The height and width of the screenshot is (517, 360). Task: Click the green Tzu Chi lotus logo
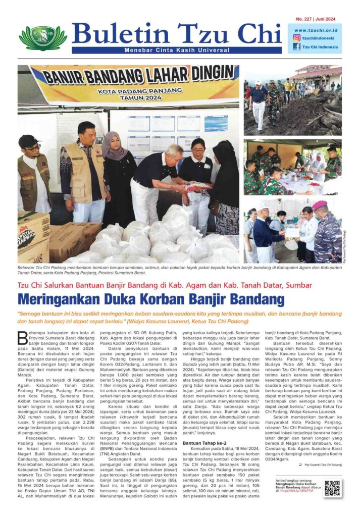point(43,38)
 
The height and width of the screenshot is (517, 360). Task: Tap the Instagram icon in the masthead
point(296,37)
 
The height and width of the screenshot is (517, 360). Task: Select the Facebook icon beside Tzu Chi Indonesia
point(296,46)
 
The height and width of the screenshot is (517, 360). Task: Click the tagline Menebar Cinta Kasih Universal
point(177,49)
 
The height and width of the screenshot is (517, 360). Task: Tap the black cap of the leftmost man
point(29,141)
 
